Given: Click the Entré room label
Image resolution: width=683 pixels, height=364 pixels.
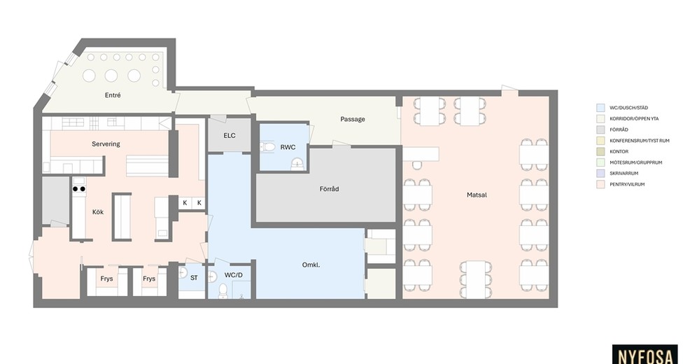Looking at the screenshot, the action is [x=113, y=95].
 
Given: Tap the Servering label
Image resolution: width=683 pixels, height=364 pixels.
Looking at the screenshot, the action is [x=106, y=144].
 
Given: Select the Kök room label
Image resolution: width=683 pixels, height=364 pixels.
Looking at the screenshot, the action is [x=98, y=212].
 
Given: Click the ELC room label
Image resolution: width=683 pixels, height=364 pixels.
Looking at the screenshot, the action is [x=230, y=136].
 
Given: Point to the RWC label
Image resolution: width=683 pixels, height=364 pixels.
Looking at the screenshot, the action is [x=288, y=147].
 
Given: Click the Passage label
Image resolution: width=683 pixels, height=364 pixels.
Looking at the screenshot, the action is [x=353, y=119].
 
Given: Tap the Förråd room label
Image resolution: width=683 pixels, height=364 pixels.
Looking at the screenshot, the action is [x=329, y=189].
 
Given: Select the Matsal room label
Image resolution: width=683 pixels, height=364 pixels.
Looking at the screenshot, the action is [x=477, y=195].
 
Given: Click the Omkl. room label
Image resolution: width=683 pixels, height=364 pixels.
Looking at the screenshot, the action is [x=311, y=265].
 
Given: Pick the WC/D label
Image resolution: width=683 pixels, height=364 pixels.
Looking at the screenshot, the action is [x=234, y=276].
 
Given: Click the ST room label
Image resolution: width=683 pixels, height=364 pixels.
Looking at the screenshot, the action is [x=194, y=278].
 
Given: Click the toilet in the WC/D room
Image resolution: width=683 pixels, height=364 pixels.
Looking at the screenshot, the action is [x=223, y=290].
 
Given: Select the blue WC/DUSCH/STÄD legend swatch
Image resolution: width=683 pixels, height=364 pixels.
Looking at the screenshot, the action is [x=600, y=108].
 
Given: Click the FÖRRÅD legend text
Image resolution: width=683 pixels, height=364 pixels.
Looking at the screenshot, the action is [x=619, y=129].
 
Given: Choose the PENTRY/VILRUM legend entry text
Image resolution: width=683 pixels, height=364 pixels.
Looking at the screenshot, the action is [x=627, y=184].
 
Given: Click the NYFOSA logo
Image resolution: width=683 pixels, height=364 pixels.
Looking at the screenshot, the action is [x=645, y=356].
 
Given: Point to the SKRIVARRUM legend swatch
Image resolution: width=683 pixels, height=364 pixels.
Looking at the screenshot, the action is [x=600, y=174].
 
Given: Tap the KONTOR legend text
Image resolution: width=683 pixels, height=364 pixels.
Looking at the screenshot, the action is [x=619, y=151].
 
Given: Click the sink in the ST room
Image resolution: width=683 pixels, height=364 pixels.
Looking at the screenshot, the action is [x=183, y=273].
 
